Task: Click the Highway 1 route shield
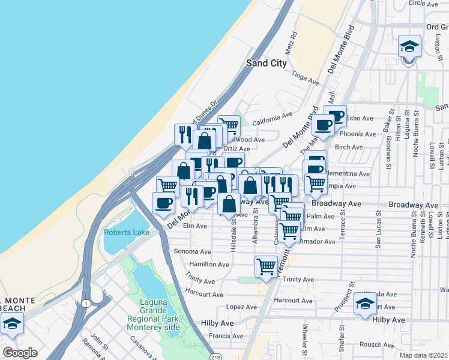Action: point(87,303)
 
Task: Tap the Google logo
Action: point(20,353)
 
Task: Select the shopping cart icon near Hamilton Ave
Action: point(266,266)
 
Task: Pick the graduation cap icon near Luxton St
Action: point(409,46)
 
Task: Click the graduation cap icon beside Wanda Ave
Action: point(365,304)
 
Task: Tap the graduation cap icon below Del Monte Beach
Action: point(12,325)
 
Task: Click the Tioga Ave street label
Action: point(305,78)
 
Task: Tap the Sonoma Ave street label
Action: point(192,252)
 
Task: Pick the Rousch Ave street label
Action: point(377,344)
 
